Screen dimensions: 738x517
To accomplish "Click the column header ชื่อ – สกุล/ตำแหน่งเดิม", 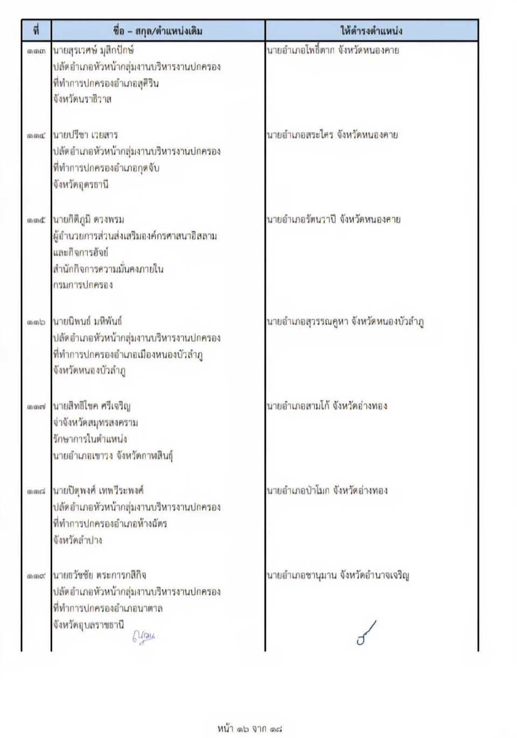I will (x=158, y=31).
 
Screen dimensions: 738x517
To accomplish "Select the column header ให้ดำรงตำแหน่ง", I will (x=371, y=31).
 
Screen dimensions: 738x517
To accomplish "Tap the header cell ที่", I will (x=36, y=31).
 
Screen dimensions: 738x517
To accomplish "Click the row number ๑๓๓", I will (x=36, y=51).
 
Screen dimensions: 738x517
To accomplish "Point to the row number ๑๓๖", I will (x=36, y=322).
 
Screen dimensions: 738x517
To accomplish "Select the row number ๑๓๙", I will (x=36, y=576).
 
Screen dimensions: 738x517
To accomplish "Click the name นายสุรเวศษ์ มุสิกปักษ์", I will (x=93, y=51).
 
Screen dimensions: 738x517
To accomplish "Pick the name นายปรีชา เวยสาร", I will (x=85, y=135).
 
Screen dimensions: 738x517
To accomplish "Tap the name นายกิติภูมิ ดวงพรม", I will (x=88, y=219).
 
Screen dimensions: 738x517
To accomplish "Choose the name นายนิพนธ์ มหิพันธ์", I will (x=87, y=322).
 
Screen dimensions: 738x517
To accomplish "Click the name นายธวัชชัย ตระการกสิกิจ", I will (x=100, y=575).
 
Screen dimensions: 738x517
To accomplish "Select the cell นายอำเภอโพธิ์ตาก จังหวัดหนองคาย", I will (x=333, y=51).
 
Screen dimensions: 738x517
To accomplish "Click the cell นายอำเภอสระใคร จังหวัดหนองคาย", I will (x=332, y=135).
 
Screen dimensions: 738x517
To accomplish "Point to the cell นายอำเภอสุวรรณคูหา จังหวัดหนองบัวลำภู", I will (x=345, y=322).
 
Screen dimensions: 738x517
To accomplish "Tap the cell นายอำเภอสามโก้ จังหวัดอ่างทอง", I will (x=327, y=406).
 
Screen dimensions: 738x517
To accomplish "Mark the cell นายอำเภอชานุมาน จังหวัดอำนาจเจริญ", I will (x=338, y=575).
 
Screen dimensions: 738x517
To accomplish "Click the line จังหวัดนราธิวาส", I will (x=82, y=100).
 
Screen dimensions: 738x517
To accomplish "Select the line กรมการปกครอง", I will (x=83, y=285).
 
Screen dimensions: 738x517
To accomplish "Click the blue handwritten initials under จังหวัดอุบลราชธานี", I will (x=144, y=638).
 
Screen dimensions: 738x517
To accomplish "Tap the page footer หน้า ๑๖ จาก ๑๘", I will (x=249, y=728).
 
